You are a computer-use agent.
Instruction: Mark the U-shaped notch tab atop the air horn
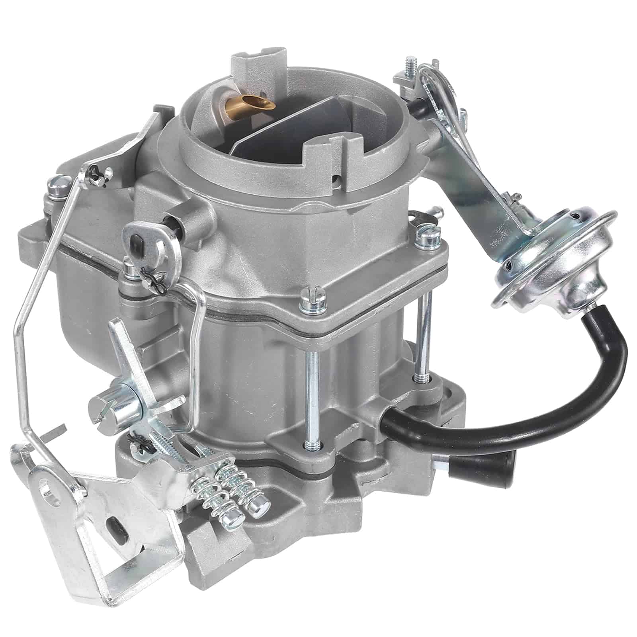253,66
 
